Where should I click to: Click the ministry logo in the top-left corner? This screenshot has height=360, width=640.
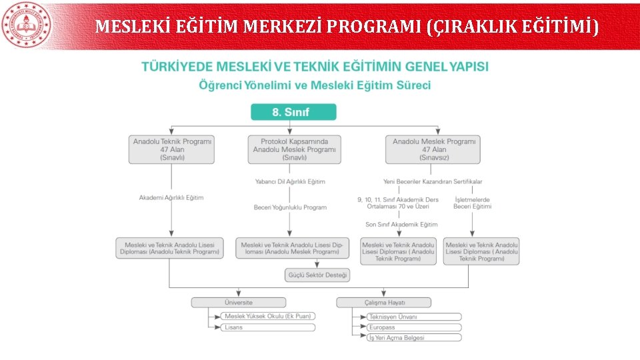pos(26,25)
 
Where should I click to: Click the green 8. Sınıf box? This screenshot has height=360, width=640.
pos(293,112)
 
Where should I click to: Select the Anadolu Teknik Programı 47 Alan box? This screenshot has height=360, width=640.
pos(172,149)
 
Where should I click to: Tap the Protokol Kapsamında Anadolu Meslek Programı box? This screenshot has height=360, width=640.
pos(294,149)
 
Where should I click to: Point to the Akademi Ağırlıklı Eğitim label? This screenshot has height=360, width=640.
pos(171,197)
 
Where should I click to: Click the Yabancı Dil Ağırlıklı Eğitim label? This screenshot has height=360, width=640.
pos(290,181)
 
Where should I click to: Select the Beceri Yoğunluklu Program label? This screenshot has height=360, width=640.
pos(290,207)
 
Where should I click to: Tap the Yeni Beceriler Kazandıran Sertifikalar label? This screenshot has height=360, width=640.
pos(433,181)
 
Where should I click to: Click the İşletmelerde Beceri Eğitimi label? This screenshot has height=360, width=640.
pos(472,203)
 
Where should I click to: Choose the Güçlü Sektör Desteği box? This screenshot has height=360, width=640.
pos(317,275)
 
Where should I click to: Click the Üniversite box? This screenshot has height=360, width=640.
pos(239,303)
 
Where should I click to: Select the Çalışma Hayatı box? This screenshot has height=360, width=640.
pos(383,303)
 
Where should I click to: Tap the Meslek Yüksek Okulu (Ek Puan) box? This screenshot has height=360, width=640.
pos(268,316)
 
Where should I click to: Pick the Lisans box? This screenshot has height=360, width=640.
pos(268,327)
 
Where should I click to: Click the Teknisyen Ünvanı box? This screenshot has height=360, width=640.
pos(413,317)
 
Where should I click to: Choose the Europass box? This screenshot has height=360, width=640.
pos(413,327)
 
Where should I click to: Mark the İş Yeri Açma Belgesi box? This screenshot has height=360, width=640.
pos(413,338)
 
